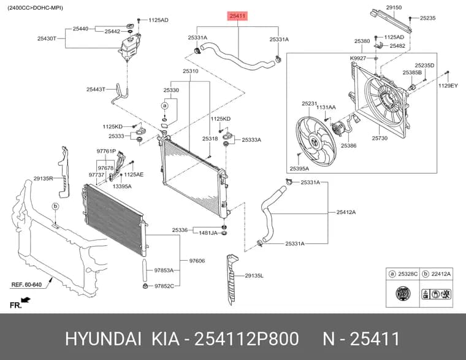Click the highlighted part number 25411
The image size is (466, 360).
(x=237, y=16)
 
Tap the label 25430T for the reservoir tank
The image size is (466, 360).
(x=47, y=39)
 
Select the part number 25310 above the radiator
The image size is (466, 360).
(x=191, y=71)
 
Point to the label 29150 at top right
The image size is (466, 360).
(x=394, y=7)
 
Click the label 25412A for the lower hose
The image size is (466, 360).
(x=346, y=212)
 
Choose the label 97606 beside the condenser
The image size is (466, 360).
(x=197, y=261)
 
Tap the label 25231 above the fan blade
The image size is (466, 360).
(x=310, y=104)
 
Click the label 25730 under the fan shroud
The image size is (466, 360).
(x=380, y=138)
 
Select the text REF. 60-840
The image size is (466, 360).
(x=26, y=285)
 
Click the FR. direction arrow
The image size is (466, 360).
(x=26, y=299)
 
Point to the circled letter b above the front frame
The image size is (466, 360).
(x=55, y=206)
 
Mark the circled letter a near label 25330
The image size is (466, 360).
(x=165, y=105)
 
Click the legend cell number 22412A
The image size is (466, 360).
(x=441, y=274)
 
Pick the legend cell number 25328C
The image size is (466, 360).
(x=408, y=274)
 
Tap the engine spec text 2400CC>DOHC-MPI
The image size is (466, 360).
(x=36, y=8)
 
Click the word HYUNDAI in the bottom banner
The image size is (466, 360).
(x=103, y=339)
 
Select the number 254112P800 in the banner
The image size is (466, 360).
(x=246, y=339)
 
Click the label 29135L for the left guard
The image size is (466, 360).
(x=254, y=276)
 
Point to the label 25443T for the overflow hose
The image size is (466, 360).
(x=96, y=89)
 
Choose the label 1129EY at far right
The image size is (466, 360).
(x=448, y=86)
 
